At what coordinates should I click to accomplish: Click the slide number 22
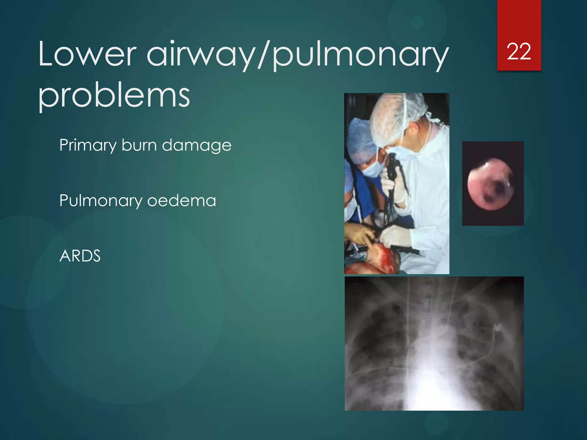(519, 52)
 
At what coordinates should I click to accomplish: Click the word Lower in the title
(87, 54)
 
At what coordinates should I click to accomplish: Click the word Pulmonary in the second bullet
(101, 201)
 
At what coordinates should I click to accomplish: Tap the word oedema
(181, 201)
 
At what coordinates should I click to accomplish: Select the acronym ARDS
(80, 256)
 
